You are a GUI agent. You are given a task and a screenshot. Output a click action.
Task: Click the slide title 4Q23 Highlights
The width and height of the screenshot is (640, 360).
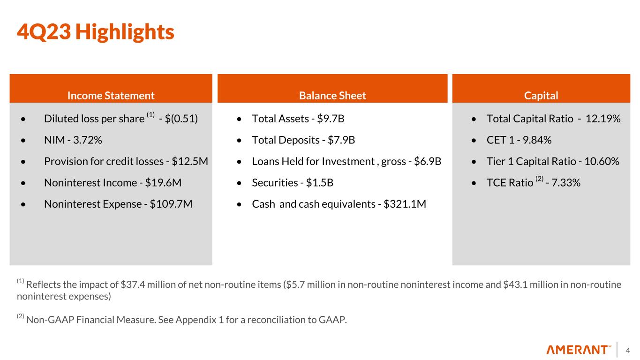[x=95, y=32]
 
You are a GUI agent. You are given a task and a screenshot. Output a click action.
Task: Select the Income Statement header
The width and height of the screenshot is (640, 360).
[x=111, y=96]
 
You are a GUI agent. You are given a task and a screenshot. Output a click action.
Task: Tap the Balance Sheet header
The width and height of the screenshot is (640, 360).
[x=332, y=96]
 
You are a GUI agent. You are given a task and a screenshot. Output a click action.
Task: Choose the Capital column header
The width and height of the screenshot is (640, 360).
[x=541, y=96]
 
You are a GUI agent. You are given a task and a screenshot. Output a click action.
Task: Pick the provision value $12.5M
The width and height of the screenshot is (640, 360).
[x=190, y=161]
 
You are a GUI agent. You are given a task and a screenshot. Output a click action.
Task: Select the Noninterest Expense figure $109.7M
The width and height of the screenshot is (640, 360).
[x=171, y=204]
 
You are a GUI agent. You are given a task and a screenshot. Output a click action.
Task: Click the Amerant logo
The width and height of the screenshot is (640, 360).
[x=579, y=350]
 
